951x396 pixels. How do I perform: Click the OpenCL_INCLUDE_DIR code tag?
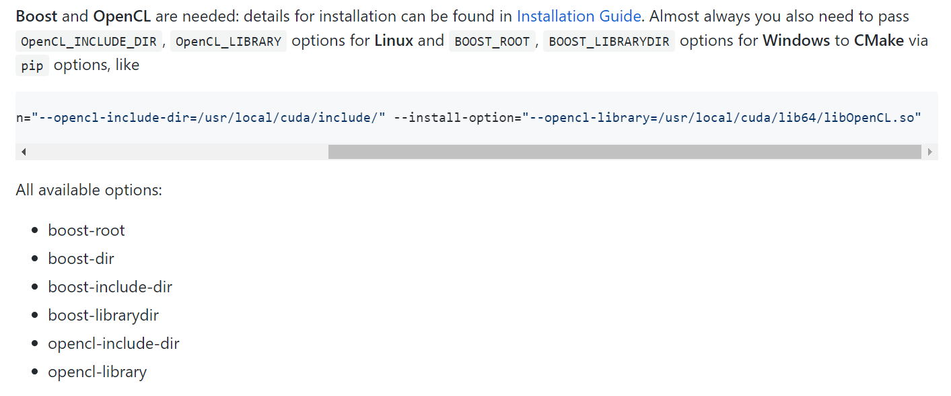(89, 41)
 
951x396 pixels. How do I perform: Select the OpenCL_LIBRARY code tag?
(228, 41)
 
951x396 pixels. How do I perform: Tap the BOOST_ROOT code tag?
(491, 41)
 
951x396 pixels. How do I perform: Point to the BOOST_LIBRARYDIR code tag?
(608, 41)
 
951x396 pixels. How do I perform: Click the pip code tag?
(32, 66)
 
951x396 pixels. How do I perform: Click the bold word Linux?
(394, 40)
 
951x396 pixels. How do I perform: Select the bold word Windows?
(796, 40)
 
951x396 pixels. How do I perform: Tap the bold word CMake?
(878, 40)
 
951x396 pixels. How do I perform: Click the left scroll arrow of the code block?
(24, 152)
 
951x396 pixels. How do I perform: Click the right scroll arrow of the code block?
(930, 152)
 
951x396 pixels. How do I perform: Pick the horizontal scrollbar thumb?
(624, 152)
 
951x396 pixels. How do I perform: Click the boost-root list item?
(86, 230)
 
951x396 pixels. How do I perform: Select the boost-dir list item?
(81, 259)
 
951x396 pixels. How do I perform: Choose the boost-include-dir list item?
(110, 287)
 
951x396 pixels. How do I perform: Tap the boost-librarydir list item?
(103, 315)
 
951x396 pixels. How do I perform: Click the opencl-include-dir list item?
(113, 343)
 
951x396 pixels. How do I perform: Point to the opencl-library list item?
(97, 372)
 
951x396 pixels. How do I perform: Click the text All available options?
(89, 190)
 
